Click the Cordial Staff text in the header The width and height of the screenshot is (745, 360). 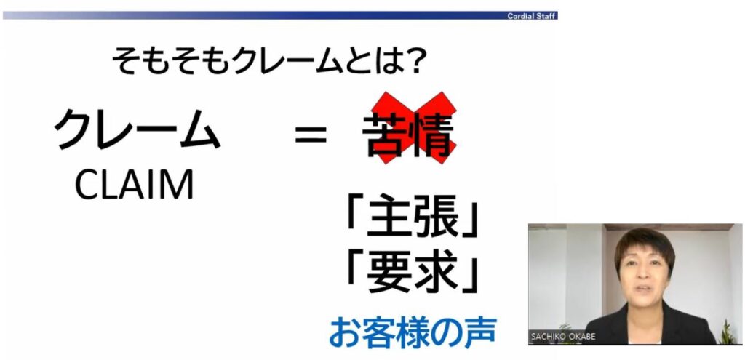[x=531, y=16]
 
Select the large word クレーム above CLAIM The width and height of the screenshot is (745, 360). [x=138, y=129]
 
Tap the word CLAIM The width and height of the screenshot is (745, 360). [x=135, y=184]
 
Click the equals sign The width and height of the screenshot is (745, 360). [x=311, y=135]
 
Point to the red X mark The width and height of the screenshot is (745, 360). [x=414, y=128]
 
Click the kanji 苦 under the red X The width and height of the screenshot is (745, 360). [x=386, y=135]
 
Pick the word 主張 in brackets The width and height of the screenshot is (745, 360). [x=413, y=217]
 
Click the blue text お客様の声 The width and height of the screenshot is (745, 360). [x=413, y=332]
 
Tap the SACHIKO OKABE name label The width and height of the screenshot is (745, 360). [x=562, y=337]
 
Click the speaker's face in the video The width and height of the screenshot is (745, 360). [x=645, y=276]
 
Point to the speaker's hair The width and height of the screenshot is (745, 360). [x=645, y=243]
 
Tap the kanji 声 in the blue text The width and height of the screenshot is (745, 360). [x=481, y=332]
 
